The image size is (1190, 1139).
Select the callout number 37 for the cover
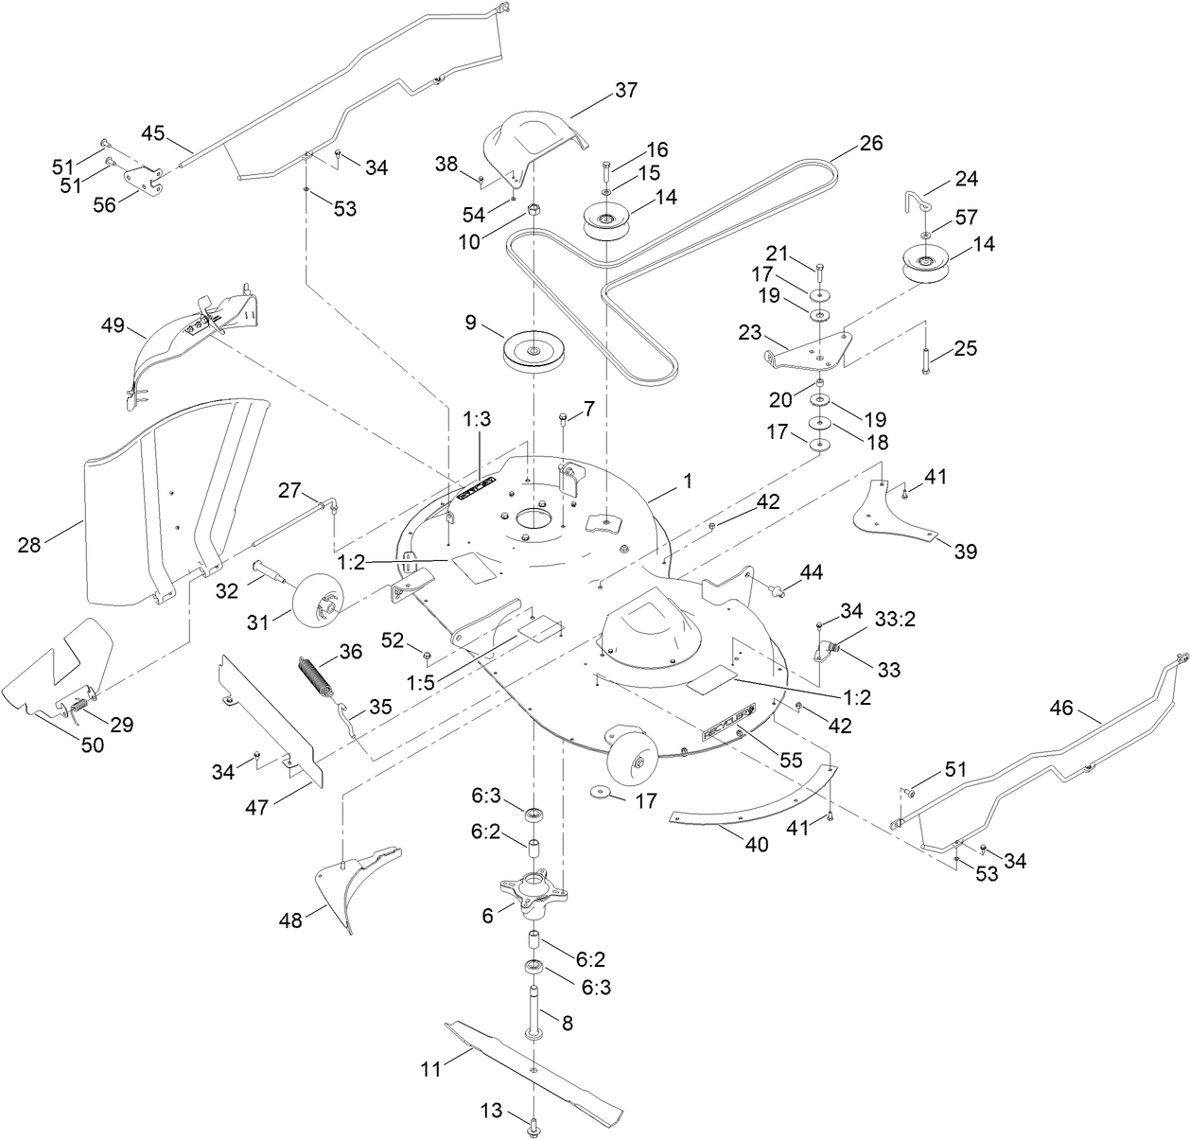click(x=626, y=91)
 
